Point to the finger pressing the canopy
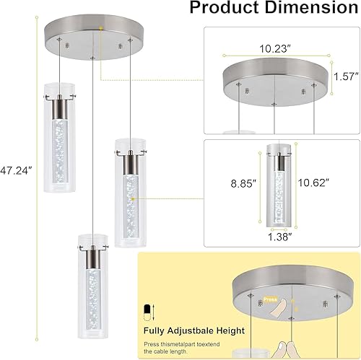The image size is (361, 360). [273, 309]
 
